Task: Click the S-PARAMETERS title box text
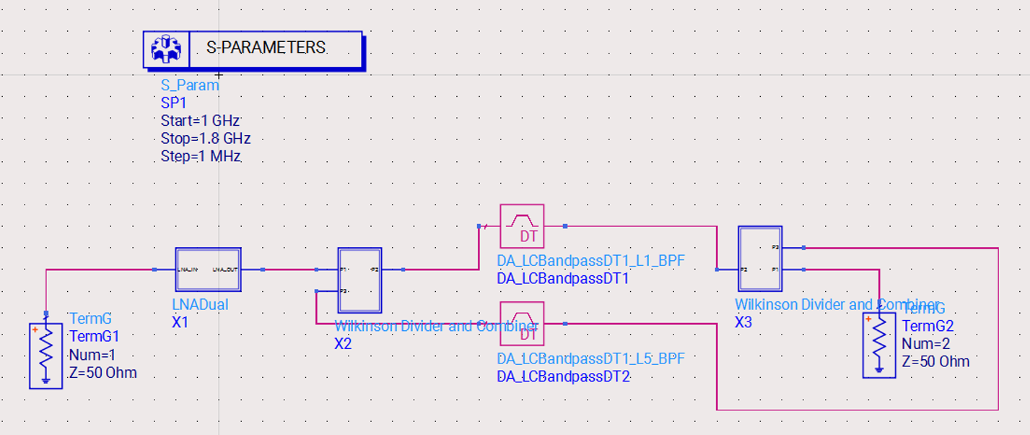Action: coord(266,48)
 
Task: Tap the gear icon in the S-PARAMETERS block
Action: coord(166,49)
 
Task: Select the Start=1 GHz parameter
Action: coord(200,120)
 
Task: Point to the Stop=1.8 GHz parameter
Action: coord(206,138)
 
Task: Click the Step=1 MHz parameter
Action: coord(201,156)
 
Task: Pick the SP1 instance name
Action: coord(173,103)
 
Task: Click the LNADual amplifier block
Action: coord(208,270)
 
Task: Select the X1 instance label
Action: coord(180,322)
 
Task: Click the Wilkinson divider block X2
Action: coord(359,280)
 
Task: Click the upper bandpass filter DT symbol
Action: coord(521,226)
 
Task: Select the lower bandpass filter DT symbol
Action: coord(521,324)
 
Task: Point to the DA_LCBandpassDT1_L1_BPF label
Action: coord(590,261)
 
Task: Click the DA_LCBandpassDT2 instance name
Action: coord(564,376)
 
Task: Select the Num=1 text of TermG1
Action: coord(92,355)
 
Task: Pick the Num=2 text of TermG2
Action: coord(925,344)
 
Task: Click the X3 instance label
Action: coord(743,322)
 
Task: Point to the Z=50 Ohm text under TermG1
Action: coord(103,373)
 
